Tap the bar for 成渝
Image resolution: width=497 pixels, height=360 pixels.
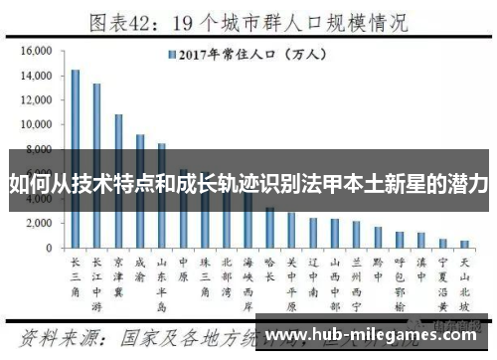(x=141, y=190)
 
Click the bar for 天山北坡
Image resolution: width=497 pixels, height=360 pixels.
(x=464, y=244)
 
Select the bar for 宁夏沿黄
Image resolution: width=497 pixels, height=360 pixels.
(x=442, y=243)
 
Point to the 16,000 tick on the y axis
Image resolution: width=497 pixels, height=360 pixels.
(x=35, y=51)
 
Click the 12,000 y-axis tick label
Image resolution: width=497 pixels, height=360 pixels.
(x=35, y=100)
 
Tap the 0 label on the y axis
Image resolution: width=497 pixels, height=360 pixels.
(x=48, y=248)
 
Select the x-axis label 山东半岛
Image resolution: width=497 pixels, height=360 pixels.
(x=162, y=279)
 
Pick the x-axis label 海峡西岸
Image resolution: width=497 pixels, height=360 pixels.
(x=248, y=279)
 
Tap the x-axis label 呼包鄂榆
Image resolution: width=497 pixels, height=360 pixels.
(x=400, y=279)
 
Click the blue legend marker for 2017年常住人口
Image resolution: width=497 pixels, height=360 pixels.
(x=173, y=55)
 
